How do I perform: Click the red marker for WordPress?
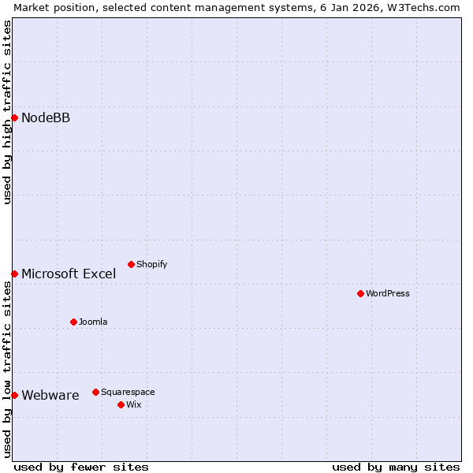[360, 293]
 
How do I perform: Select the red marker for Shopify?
[131, 264]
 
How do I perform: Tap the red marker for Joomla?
[73, 322]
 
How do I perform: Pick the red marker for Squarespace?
[95, 392]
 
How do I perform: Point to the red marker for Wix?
[121, 404]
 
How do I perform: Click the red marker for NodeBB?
[14, 117]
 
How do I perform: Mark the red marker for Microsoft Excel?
[14, 274]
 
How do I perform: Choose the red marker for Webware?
[14, 395]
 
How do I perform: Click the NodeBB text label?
[46, 118]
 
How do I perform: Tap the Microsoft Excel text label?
[69, 274]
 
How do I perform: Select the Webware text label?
[50, 396]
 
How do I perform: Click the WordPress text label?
[388, 294]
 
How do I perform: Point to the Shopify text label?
[151, 265]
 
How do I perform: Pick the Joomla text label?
[93, 322]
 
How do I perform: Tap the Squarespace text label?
[128, 393]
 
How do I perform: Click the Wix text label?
[133, 405]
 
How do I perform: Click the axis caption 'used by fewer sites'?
[81, 467]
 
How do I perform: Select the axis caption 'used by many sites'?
[396, 467]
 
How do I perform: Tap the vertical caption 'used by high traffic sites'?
[7, 112]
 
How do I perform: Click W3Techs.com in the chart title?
[426, 7]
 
